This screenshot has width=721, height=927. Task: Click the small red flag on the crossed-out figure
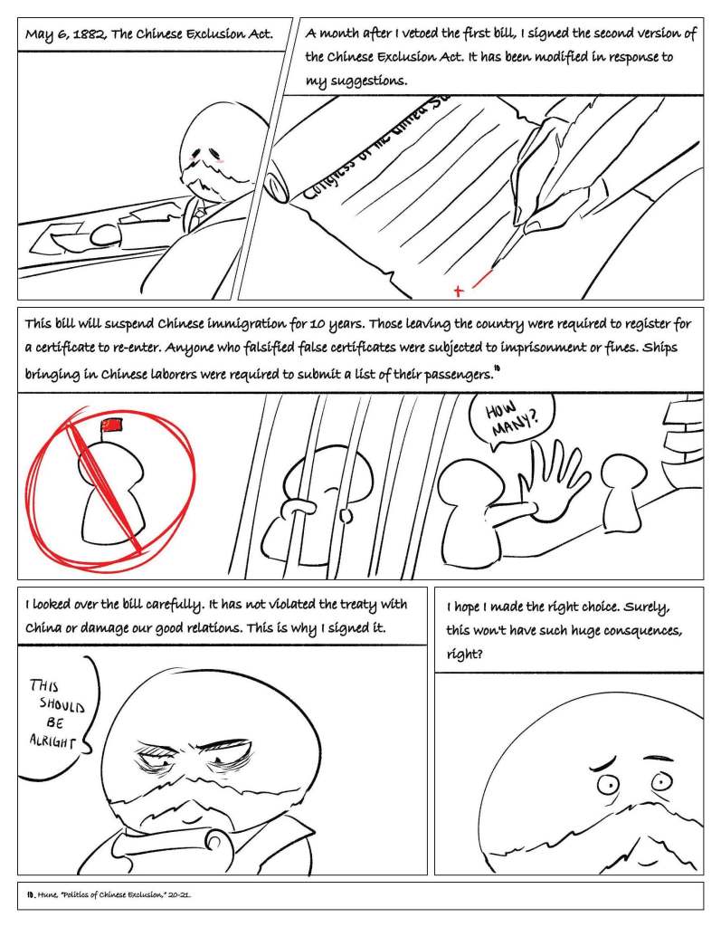coord(111,424)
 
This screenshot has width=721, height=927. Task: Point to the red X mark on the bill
coord(459,291)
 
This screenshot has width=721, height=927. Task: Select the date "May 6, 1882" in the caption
coord(66,34)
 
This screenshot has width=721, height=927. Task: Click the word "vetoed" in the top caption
coord(420,33)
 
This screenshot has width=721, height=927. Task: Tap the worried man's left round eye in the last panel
coord(607,785)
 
